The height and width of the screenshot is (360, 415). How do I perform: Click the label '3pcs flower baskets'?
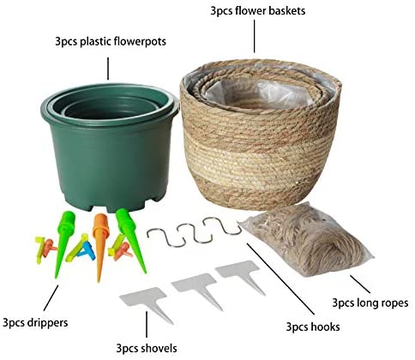coord(257,11)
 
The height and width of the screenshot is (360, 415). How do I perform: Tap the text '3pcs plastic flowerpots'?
coord(111,41)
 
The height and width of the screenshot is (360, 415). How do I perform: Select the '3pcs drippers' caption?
coord(35,323)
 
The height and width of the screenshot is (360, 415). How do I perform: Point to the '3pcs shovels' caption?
coord(147,348)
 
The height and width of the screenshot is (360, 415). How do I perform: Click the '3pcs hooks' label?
coord(313,327)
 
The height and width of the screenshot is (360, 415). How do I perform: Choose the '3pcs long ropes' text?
coord(370,303)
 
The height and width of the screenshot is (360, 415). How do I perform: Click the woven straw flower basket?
coord(260,135)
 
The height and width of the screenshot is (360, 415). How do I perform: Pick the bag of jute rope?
coord(307,239)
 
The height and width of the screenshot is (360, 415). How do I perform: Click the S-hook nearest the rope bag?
coord(224,226)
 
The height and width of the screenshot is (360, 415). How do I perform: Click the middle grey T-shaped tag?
coord(198,289)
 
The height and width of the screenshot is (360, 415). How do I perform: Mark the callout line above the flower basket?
coord(255,36)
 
